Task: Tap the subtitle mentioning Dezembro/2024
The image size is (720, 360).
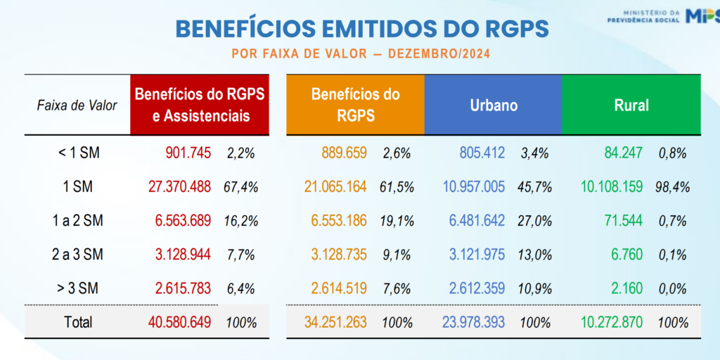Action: (361, 54)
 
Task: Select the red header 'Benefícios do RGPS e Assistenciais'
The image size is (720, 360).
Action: (200, 105)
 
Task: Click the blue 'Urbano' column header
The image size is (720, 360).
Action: (494, 105)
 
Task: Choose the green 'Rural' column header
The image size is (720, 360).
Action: (631, 105)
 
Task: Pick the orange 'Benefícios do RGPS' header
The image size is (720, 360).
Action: (355, 105)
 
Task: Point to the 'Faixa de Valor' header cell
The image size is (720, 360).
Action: (77, 105)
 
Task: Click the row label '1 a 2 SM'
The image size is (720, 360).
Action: (77, 221)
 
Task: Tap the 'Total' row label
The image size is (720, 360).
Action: (77, 323)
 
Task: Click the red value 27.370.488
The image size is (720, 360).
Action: (179, 187)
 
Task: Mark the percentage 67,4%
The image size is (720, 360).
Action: (241, 187)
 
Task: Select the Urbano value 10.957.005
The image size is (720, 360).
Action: (472, 187)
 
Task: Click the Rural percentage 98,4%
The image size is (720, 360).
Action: (673, 187)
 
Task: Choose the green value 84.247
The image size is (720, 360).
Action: (625, 153)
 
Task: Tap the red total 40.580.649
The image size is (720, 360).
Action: (179, 323)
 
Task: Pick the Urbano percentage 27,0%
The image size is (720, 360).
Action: (534, 221)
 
